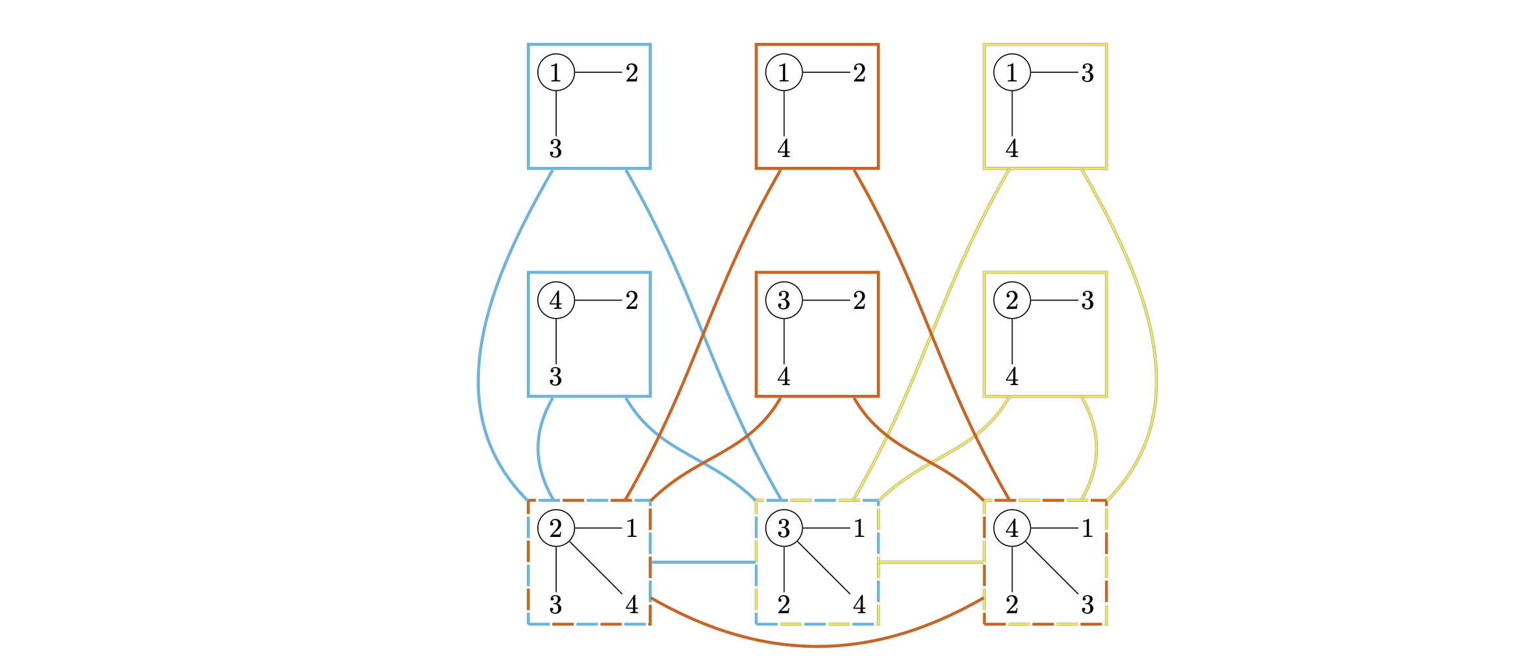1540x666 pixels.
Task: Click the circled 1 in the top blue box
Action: point(555,72)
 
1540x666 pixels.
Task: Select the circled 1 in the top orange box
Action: point(784,72)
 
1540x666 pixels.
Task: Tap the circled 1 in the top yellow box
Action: point(1012,72)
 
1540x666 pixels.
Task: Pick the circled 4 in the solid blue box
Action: point(555,300)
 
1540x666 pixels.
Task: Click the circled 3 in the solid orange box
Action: point(784,300)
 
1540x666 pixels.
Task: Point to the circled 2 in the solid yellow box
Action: point(1012,300)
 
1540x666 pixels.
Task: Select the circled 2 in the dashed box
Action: point(555,528)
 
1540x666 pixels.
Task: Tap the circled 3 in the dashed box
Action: point(784,528)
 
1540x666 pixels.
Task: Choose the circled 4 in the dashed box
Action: point(1012,528)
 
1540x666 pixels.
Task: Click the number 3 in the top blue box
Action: point(555,149)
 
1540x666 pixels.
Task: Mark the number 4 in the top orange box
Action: point(784,149)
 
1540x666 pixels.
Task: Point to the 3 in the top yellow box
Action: point(1088,72)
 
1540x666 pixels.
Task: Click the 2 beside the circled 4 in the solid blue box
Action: point(632,300)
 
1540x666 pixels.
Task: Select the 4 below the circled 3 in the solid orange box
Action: point(784,377)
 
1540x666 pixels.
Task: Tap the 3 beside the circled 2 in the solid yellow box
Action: point(1088,300)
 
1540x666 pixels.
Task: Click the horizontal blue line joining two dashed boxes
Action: point(703,562)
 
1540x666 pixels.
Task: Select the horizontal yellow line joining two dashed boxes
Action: point(931,562)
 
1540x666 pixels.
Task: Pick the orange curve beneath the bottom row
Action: point(817,646)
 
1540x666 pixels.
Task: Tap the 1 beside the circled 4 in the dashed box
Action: point(1088,528)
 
